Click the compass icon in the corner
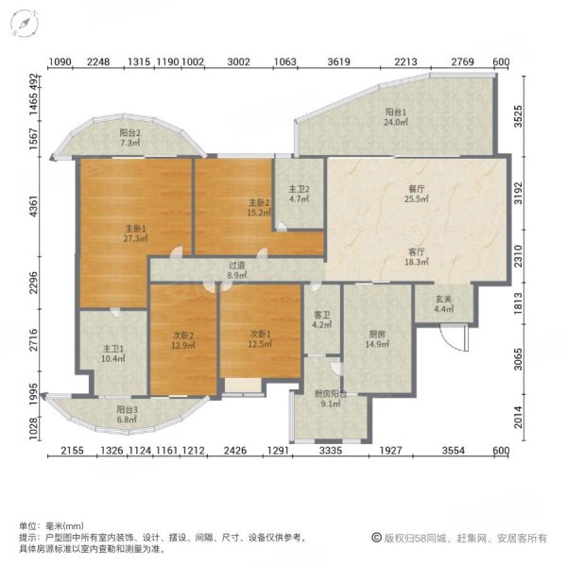tap(25, 23)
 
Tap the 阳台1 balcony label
tap(396, 117)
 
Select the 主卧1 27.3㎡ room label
tap(135, 233)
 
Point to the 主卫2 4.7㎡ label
tap(299, 194)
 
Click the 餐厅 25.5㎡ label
tap(417, 194)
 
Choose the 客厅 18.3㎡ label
tap(417, 257)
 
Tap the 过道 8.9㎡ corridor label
tap(236, 270)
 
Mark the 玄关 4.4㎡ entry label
tap(444, 304)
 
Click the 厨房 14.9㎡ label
tap(377, 339)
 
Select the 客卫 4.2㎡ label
tap(322, 320)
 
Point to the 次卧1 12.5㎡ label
tap(260, 339)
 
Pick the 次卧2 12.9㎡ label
tap(183, 340)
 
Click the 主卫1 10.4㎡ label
tap(113, 353)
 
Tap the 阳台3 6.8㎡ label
tap(127, 415)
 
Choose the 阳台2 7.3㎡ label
tap(130, 138)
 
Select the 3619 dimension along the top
tap(339, 61)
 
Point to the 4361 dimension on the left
tap(33, 206)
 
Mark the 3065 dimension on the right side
tap(518, 359)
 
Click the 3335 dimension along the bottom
tap(331, 450)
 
